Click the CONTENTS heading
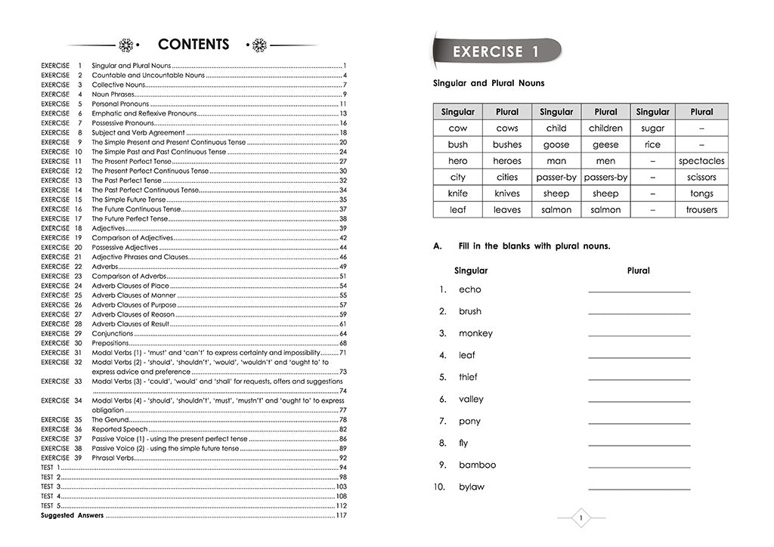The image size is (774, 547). click(x=193, y=45)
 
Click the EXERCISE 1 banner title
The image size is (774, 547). click(x=496, y=52)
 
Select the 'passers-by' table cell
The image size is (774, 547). click(x=605, y=178)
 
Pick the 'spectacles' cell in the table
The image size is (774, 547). click(x=701, y=161)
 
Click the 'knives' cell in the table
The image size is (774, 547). click(x=507, y=193)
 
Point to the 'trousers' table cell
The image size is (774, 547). click(x=701, y=210)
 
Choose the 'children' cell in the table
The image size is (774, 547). click(x=605, y=128)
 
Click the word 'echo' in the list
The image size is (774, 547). click(x=469, y=289)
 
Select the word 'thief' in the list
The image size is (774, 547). click(x=468, y=377)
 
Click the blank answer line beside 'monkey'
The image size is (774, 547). click(x=639, y=335)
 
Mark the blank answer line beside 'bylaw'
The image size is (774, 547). click(x=639, y=489)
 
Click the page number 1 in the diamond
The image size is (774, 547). click(x=580, y=518)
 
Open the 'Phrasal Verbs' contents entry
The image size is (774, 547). click(x=113, y=458)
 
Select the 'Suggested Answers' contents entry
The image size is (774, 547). click(x=72, y=515)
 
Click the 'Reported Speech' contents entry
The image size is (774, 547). click(x=119, y=429)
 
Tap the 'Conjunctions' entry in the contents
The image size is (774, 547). click(x=112, y=333)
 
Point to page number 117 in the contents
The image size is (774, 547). click(x=341, y=515)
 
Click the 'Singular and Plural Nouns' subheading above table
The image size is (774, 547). click(x=488, y=84)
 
